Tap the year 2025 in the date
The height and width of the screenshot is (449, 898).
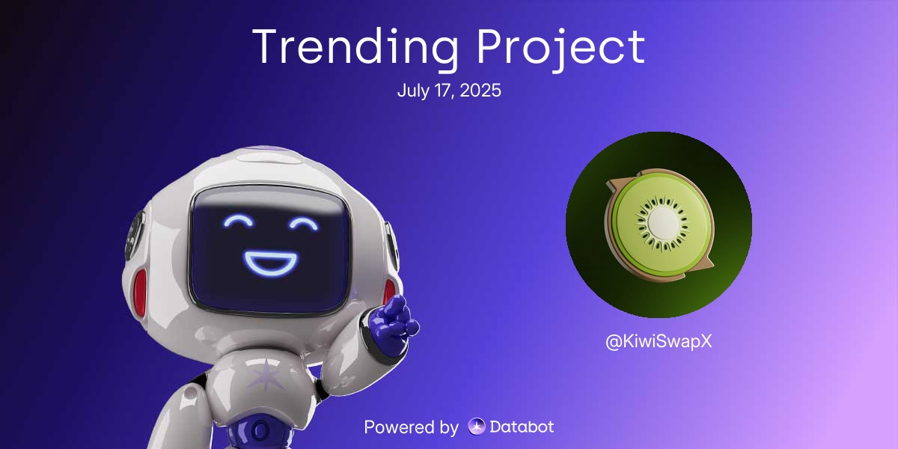481,91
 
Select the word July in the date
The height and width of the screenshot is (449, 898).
411,91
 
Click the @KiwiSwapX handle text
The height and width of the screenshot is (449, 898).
659,341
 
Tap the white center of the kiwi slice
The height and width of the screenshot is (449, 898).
662,222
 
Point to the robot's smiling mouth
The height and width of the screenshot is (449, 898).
270,261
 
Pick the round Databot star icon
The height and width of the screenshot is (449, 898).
477,427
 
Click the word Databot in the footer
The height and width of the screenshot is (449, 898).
522,427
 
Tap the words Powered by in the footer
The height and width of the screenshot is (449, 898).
411,427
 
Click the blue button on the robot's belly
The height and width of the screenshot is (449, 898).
260,430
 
